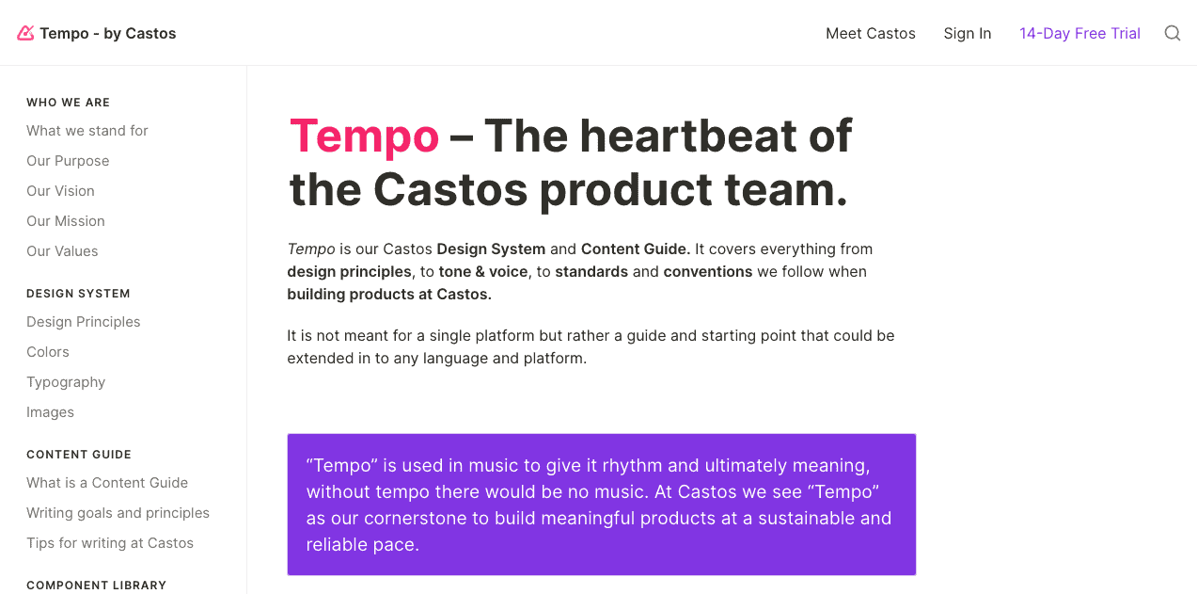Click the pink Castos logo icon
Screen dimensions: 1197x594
(x=25, y=33)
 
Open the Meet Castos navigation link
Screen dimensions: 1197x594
(x=871, y=33)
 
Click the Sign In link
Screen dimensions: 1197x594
(x=968, y=34)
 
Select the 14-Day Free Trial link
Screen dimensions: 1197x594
(x=1079, y=33)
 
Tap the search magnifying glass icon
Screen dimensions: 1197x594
(x=1173, y=33)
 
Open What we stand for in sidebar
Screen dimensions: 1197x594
(x=87, y=131)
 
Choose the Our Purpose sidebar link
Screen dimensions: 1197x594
(x=68, y=161)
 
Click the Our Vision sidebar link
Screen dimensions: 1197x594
(x=60, y=191)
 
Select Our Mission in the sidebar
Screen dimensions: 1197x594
(x=66, y=221)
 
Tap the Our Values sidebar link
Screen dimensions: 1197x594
(x=62, y=251)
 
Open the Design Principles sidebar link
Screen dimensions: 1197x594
(x=84, y=322)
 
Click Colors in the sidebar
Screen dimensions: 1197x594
(x=48, y=351)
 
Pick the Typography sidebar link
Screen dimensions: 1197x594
(x=66, y=382)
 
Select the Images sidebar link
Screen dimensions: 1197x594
(x=50, y=412)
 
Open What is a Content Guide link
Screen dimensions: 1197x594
(x=107, y=483)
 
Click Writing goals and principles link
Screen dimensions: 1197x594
(x=118, y=513)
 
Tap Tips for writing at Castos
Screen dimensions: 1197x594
(x=110, y=542)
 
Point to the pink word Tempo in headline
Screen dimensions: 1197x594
(x=364, y=137)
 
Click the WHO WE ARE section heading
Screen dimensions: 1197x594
(x=68, y=103)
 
